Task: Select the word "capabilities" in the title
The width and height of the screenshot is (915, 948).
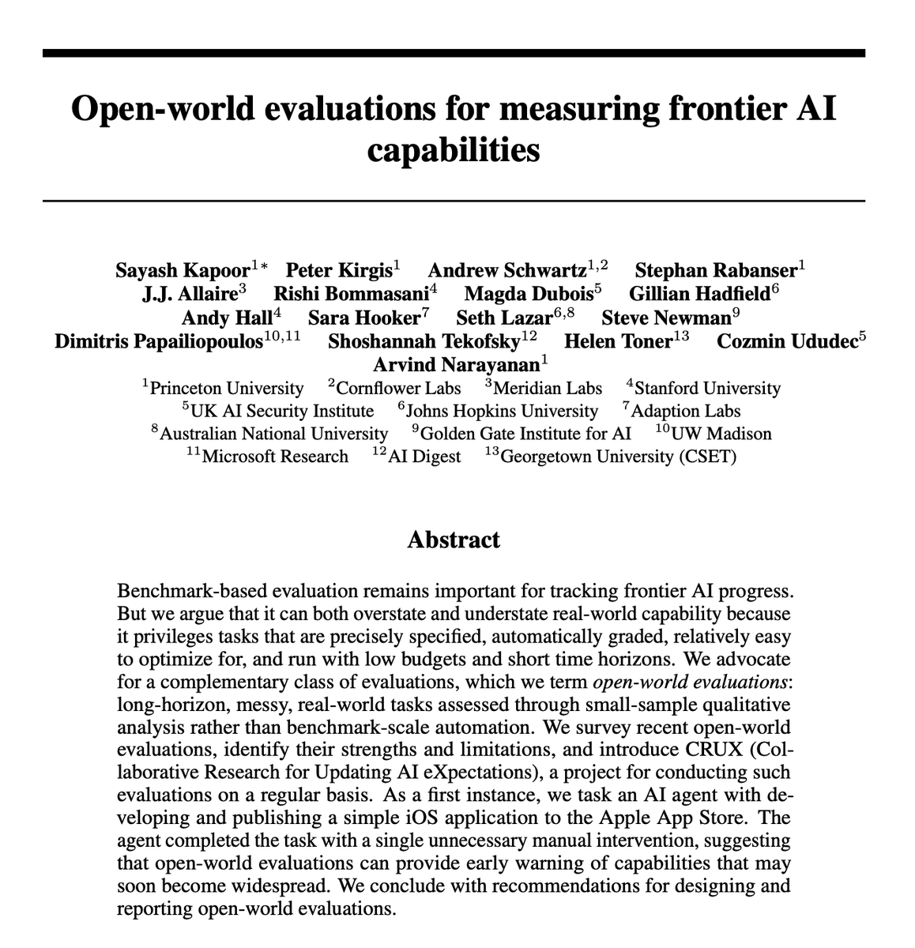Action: [x=454, y=149]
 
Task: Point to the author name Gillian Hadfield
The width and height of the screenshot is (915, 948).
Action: [x=699, y=294]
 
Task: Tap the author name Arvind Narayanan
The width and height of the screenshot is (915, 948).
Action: [x=456, y=364]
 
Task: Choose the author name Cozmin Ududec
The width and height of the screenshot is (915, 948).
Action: [x=786, y=341]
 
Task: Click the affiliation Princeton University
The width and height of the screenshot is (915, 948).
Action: [x=226, y=388]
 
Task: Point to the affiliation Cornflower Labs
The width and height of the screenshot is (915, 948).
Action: [x=398, y=388]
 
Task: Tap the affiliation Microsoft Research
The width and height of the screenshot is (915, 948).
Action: [x=275, y=457]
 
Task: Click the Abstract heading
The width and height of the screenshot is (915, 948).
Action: [x=454, y=540]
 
